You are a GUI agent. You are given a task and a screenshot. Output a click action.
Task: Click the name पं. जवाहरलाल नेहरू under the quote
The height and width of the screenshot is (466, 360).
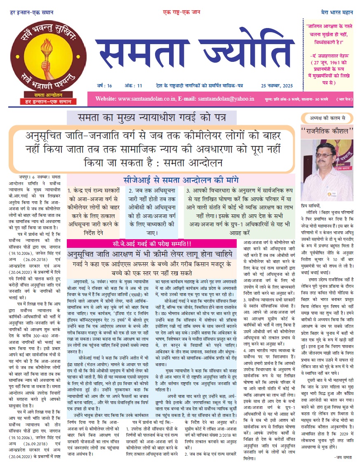pyautogui.click(x=329, y=55)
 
